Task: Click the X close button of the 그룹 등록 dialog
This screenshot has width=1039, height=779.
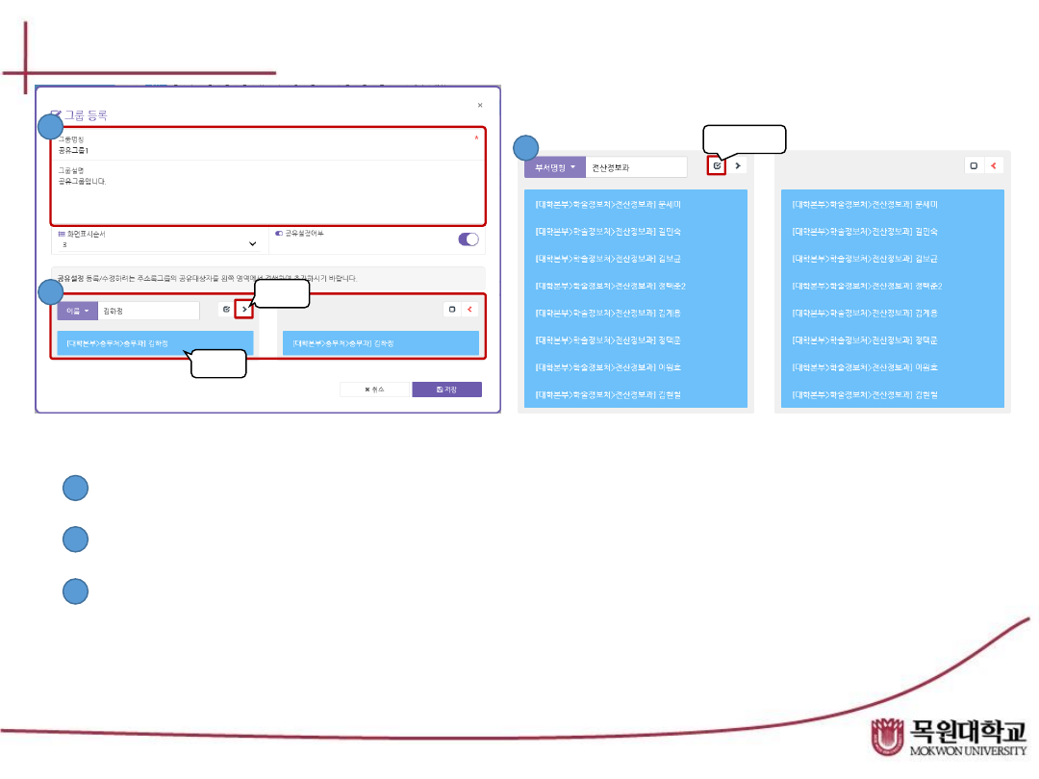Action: click(480, 105)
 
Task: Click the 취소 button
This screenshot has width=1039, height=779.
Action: click(375, 389)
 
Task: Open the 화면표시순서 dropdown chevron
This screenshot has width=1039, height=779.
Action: click(253, 244)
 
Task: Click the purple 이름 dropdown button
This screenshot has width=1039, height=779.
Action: click(77, 311)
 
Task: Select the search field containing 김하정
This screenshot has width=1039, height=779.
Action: click(148, 311)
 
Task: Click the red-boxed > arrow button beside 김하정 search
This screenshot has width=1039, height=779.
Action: click(243, 310)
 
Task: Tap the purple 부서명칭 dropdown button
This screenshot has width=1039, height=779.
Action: click(554, 166)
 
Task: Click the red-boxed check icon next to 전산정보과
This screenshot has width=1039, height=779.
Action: click(717, 165)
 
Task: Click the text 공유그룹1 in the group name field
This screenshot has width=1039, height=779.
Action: click(73, 151)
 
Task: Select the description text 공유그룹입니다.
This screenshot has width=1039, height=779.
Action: click(82, 181)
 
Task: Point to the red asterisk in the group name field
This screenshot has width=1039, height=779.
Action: click(476, 138)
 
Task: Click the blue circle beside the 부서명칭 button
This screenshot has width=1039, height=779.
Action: click(524, 148)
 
